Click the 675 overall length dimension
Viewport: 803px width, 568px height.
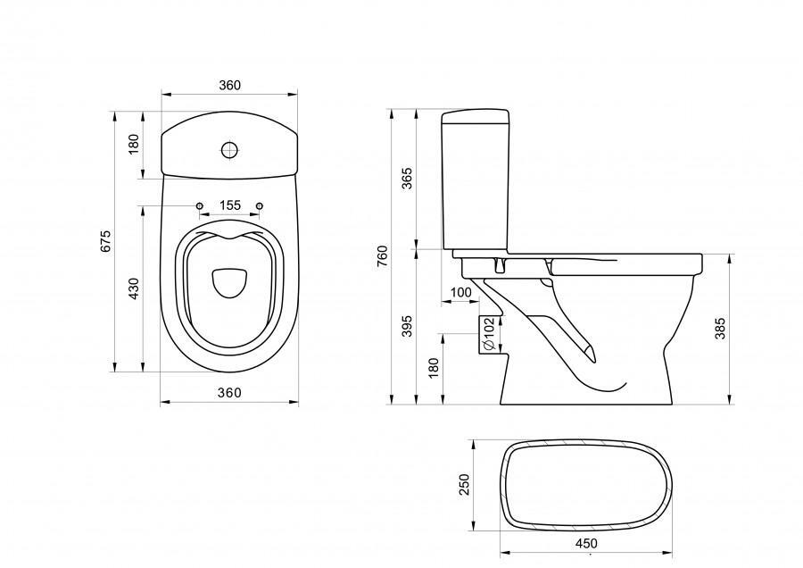(105, 242)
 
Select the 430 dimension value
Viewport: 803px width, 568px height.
(134, 288)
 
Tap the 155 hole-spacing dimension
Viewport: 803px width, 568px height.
(229, 205)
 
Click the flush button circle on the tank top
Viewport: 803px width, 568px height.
(229, 149)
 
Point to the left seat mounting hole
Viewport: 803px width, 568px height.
(200, 207)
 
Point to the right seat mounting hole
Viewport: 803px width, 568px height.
(260, 207)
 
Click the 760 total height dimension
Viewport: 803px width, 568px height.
(382, 255)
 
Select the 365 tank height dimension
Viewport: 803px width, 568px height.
(408, 179)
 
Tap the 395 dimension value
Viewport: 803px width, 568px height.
(408, 327)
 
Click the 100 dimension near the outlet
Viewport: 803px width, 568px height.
(461, 293)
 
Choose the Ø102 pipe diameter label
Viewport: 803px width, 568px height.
(489, 334)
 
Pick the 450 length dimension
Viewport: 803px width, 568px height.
(587, 543)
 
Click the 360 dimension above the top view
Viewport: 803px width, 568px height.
(229, 85)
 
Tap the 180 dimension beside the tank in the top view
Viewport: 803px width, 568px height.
(134, 145)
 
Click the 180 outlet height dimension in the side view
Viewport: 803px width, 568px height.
(434, 367)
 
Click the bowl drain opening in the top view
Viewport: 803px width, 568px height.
(229, 281)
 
